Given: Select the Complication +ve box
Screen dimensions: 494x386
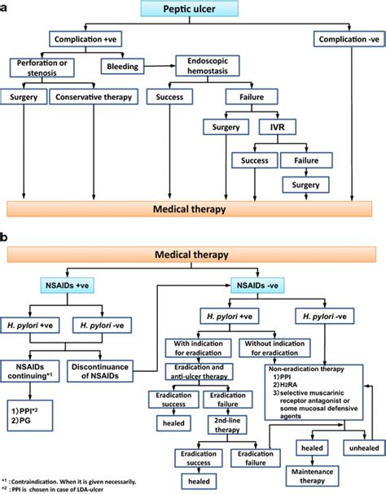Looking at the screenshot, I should click(x=91, y=39).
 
